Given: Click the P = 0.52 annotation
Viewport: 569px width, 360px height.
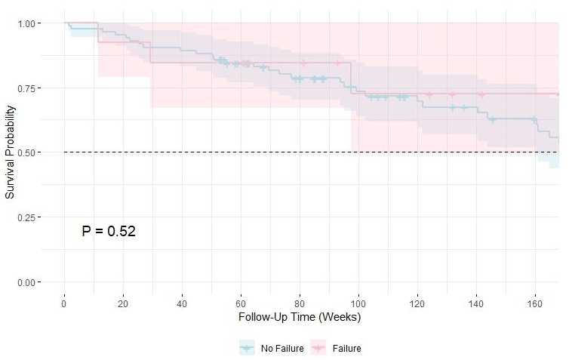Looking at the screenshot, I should [x=109, y=231].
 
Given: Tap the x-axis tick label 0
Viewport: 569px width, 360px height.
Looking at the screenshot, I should [x=64, y=303].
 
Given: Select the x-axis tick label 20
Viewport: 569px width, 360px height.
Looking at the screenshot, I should [x=123, y=303].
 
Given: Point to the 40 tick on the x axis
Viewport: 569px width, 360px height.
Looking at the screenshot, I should [x=182, y=303].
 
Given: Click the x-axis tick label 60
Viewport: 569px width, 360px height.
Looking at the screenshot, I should [x=241, y=303].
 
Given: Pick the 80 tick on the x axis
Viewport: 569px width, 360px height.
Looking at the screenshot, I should [x=300, y=303].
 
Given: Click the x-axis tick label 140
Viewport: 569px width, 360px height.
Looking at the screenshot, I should [x=476, y=303].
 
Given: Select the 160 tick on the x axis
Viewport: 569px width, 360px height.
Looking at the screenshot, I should [x=535, y=303].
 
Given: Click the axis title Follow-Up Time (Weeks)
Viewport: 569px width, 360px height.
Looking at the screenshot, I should [x=300, y=318].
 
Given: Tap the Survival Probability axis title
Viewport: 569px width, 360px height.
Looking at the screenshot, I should [x=10, y=152].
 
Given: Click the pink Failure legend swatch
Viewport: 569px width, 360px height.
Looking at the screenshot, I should [x=318, y=348].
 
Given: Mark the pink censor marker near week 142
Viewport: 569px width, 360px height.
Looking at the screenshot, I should [x=481, y=94].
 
